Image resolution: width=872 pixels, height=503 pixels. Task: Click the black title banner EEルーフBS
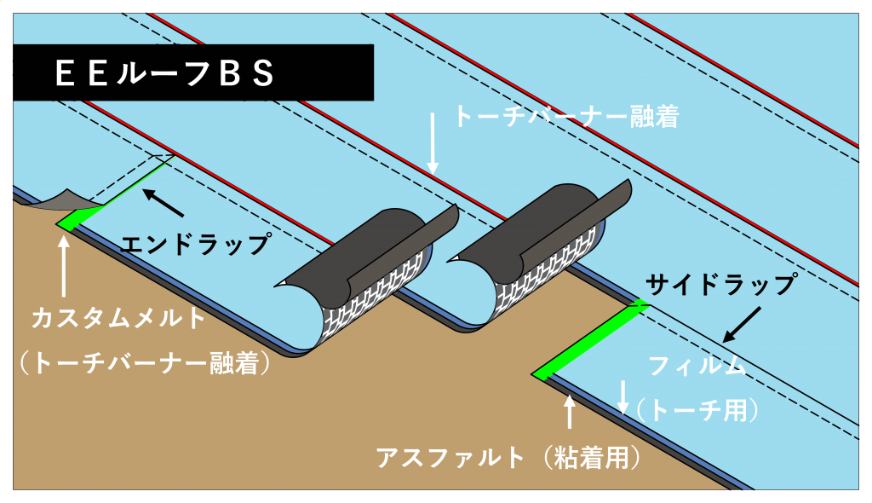193,72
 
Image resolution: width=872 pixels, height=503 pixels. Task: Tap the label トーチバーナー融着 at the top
566,117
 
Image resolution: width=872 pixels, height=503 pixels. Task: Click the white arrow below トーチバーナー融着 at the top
433,143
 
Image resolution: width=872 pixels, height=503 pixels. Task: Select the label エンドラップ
196,244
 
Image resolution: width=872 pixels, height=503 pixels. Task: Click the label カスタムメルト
119,318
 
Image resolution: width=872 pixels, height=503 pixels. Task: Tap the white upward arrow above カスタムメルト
64,266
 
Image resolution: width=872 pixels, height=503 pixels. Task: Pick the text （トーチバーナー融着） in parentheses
145,363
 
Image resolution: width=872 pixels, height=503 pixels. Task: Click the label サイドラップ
721,285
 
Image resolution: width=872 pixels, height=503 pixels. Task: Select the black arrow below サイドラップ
742,324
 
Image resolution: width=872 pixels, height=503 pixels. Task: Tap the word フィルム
697,366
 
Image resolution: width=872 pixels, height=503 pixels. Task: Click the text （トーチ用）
698,411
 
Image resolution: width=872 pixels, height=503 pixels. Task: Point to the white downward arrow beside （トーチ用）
623,397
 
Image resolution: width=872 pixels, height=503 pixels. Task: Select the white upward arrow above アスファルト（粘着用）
569,411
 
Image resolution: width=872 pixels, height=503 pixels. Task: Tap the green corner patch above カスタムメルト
77,217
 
